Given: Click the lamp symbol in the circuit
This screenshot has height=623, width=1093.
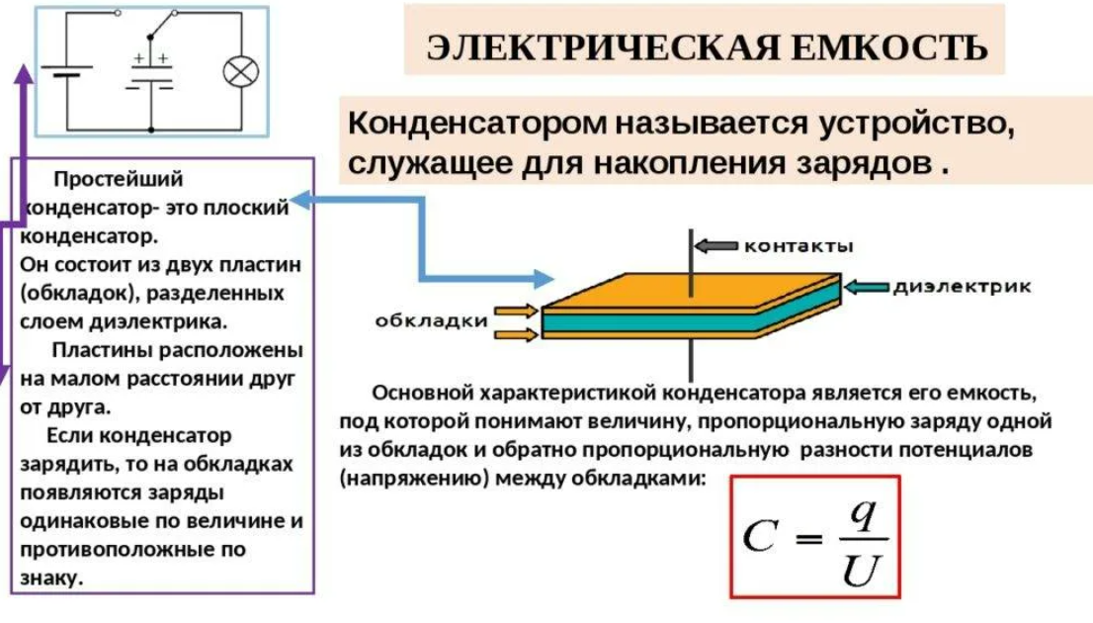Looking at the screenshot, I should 238,72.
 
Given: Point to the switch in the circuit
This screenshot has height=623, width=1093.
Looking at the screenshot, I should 149,15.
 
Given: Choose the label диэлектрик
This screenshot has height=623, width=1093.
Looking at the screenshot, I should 963,287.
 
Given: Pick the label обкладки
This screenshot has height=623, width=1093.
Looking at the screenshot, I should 432,320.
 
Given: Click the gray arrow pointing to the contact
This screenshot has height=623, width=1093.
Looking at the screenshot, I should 715,244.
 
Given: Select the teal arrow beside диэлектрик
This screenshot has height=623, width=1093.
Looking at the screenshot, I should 867,287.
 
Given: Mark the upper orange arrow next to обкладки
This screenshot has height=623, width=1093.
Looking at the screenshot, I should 516,311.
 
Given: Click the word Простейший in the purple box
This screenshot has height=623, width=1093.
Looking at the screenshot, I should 119,179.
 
